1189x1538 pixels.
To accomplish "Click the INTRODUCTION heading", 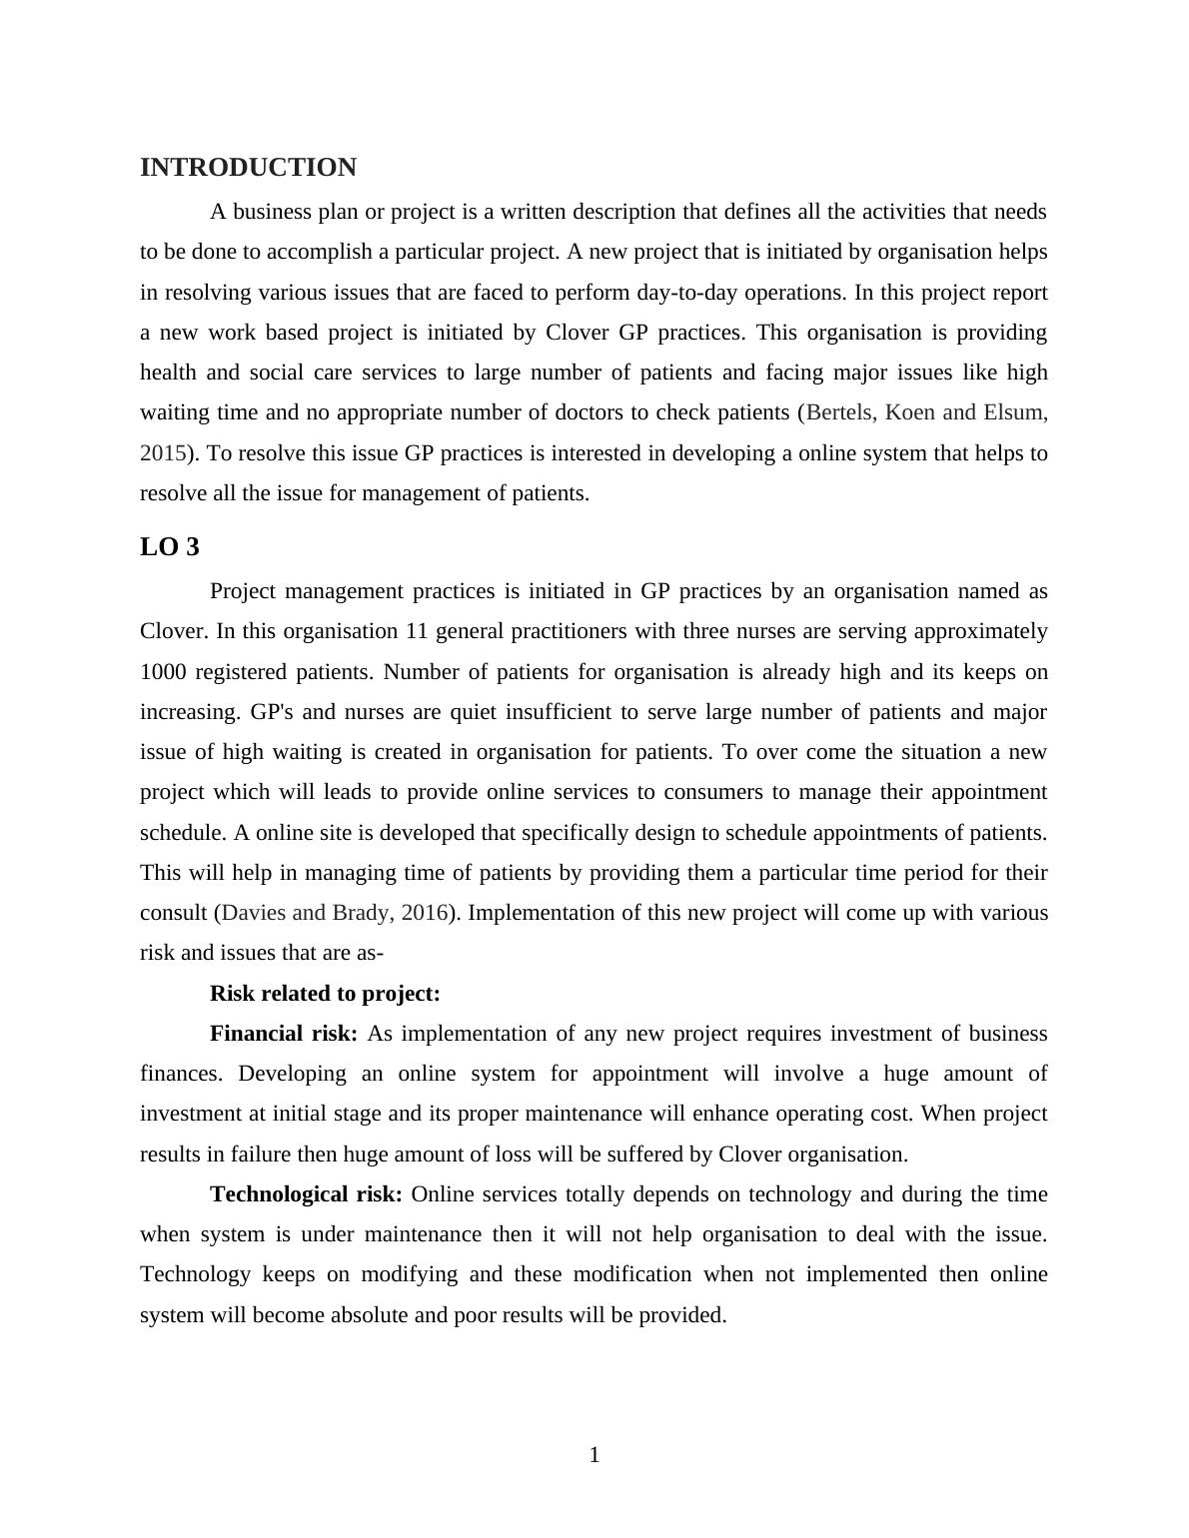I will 248,168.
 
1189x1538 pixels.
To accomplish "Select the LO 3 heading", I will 170,547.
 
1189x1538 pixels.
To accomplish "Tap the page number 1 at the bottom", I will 594,1455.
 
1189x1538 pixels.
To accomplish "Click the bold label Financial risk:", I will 284,1034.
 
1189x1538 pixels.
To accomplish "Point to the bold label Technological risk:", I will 306,1194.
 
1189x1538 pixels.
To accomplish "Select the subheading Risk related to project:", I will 325,994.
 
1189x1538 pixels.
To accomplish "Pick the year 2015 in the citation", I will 163,453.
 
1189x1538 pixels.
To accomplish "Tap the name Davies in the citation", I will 254,913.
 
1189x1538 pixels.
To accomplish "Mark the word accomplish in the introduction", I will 327,252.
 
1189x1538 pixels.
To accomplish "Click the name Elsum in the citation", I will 1012,412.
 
